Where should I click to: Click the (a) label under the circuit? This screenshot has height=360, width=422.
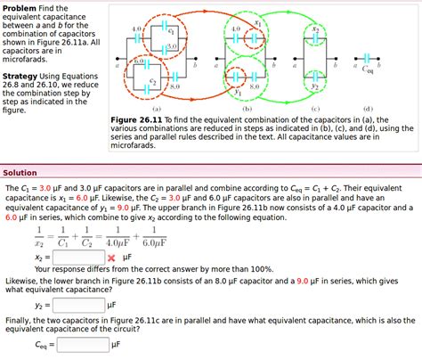click(157, 107)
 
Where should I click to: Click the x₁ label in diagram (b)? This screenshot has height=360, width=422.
click(258, 24)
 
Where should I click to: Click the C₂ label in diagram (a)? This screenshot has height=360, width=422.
click(153, 81)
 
